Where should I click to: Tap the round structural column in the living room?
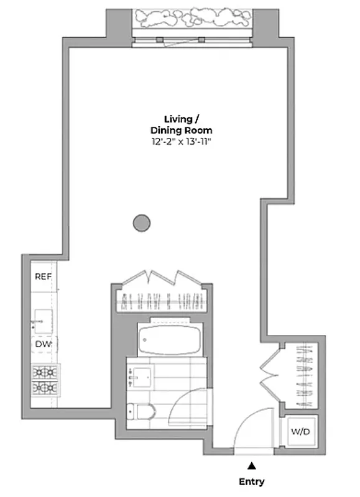coord(142,222)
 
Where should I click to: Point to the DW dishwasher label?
coord(42,344)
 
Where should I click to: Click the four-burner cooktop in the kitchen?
coord(45,380)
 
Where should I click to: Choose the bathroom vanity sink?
coord(140,375)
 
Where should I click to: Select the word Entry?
coord(251,481)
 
